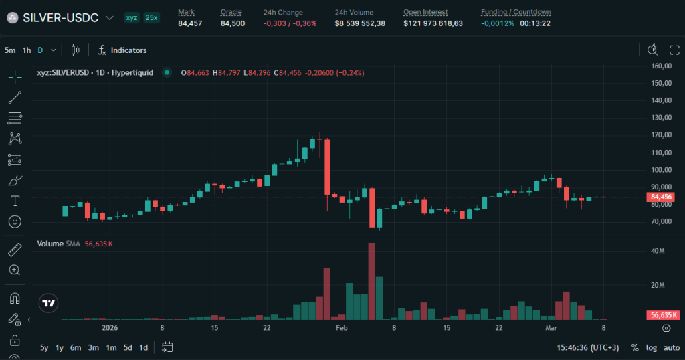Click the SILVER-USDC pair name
[60, 17]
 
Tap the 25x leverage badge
[152, 17]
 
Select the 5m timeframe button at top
[9, 50]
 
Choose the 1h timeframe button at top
[27, 50]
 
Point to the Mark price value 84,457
[190, 23]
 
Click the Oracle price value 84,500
[233, 23]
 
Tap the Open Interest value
[433, 23]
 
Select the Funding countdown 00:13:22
[535, 23]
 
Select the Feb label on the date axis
[342, 328]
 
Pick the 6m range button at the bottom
[76, 347]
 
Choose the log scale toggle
[651, 347]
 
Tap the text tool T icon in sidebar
[15, 201]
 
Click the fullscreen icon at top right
[674, 50]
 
